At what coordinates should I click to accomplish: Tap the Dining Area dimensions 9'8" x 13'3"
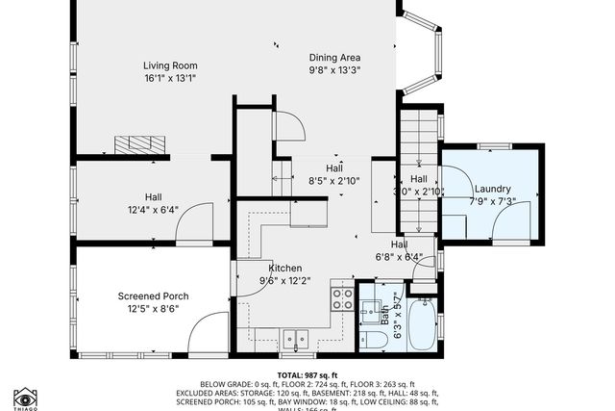[x=334, y=70]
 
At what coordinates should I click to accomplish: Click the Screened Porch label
[x=153, y=295]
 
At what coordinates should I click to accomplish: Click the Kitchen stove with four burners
[x=342, y=297]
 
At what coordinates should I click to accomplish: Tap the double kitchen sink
[x=295, y=338]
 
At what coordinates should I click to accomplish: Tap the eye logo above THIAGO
[x=25, y=397]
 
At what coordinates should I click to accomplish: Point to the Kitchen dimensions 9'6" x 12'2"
[x=286, y=281]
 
